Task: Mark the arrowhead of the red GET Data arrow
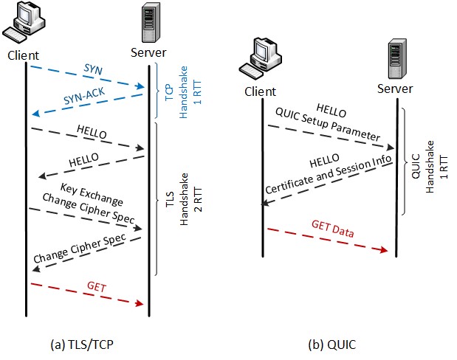[385, 251]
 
